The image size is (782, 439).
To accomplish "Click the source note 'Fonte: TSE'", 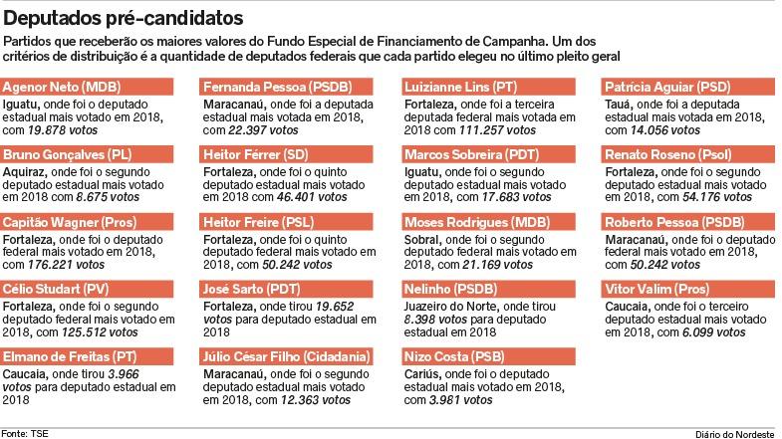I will (29, 431).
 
